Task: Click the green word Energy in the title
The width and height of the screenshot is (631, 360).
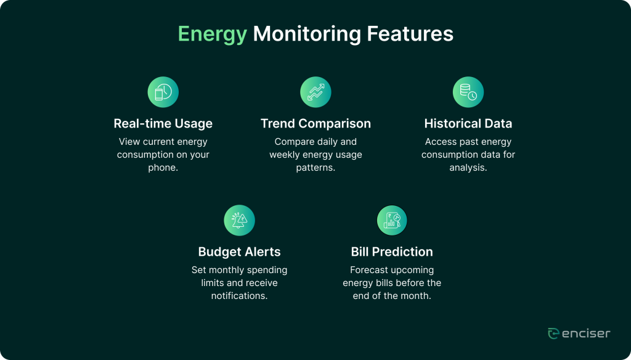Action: pos(213,35)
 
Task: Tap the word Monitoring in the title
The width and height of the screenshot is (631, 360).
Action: pos(307,35)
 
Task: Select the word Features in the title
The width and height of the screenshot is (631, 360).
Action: pos(410,33)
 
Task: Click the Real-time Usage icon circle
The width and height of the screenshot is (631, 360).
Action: pos(163,92)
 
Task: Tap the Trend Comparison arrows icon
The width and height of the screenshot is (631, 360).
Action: pos(315,92)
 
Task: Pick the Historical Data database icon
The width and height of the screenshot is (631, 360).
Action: pos(468,92)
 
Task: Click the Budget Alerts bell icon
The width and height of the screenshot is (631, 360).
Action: pos(240,220)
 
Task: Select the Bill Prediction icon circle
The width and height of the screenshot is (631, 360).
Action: pos(392,220)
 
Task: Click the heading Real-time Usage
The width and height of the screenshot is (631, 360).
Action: pos(163,123)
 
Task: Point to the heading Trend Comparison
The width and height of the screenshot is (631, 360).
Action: pos(315,124)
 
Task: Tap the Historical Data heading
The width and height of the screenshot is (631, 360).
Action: pos(468,123)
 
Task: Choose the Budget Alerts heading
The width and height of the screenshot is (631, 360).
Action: pos(240,252)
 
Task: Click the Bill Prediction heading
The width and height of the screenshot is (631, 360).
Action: pos(392,252)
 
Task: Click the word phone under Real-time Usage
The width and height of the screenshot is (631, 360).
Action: pos(162,168)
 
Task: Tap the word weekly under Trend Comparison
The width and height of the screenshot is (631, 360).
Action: pos(284,155)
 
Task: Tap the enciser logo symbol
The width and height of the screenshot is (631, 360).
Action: pos(554,333)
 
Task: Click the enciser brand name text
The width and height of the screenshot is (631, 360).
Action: pos(587,333)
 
